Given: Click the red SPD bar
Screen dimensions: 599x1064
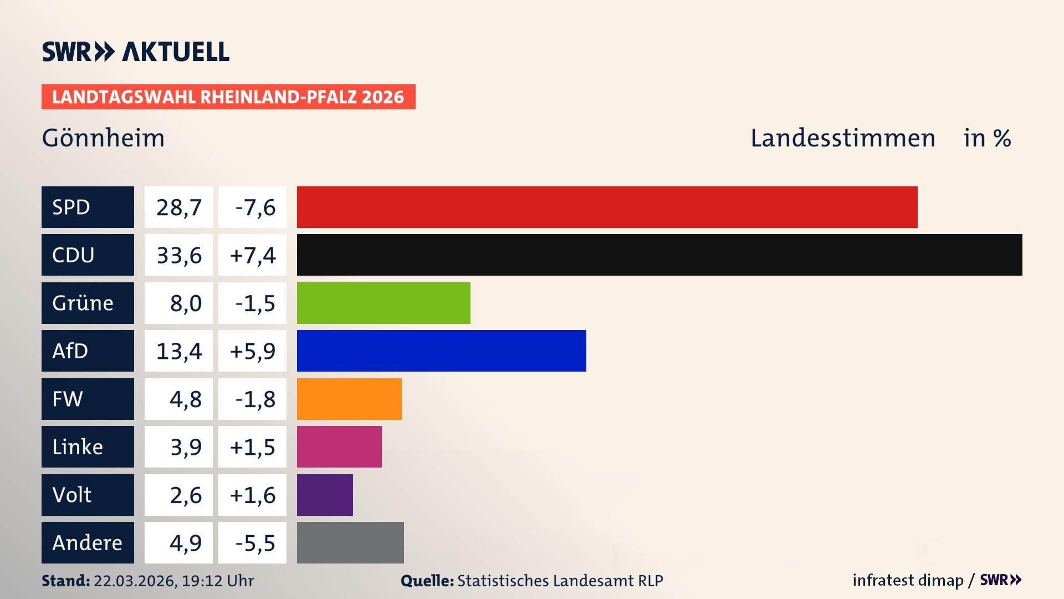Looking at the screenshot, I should coord(607,207).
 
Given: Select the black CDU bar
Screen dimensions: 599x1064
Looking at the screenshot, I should coord(659,255).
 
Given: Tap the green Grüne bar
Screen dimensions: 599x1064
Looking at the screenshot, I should coord(383,303).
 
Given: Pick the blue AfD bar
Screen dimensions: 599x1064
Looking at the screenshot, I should coord(441,351).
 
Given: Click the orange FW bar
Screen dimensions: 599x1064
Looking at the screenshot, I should coord(349,399).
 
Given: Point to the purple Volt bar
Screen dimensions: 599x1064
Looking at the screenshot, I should coord(325,495).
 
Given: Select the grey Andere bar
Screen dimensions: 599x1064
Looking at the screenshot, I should coord(350,542).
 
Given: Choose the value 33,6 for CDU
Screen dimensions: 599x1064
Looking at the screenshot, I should coord(178,255).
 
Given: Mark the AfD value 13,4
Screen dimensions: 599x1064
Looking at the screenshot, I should coord(178,351).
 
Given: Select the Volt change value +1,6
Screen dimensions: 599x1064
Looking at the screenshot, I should coord(253,495).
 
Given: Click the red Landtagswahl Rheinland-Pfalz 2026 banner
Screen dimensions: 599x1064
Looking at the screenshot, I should coord(228,97).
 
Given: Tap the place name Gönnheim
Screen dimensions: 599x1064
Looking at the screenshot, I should coord(104,138).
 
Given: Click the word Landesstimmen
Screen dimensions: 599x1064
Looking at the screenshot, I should coord(842,138).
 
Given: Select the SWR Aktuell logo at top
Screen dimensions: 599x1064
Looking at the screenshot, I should coord(135,52).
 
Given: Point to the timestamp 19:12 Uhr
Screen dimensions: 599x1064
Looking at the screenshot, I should coord(217,581).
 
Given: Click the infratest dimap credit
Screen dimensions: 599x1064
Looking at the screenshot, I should coord(908,580).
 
